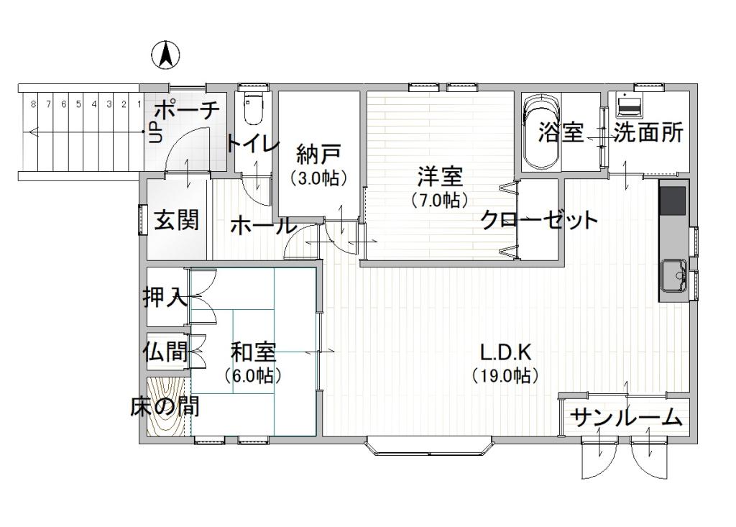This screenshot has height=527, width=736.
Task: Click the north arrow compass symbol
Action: (x=165, y=55)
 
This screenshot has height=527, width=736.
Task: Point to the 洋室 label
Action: (x=440, y=175)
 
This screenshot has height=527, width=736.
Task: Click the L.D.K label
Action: (x=505, y=352)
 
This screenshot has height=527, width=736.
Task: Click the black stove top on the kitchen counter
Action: (x=673, y=200)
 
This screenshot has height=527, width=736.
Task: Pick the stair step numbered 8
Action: (x=33, y=104)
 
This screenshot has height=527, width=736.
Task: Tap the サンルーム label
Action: (x=625, y=418)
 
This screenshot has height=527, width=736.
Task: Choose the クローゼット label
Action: (x=538, y=220)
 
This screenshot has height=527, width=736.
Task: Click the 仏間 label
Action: (x=165, y=352)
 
